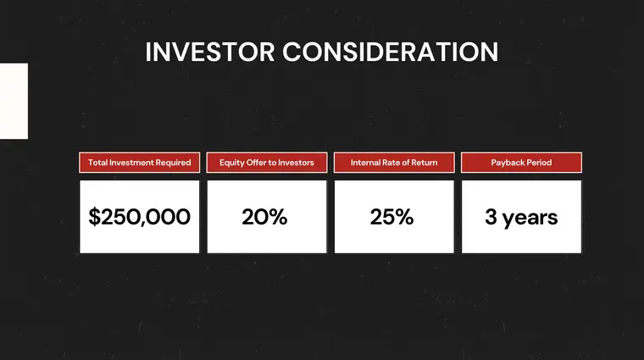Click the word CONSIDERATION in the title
[390, 52]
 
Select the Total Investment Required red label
[140, 163]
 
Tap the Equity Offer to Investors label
[267, 163]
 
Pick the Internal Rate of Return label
[394, 163]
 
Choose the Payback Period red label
[521, 163]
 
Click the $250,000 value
[140, 217]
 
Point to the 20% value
[265, 217]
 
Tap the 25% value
[392, 217]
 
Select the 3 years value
[521, 217]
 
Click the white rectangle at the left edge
[14, 101]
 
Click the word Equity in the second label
[232, 163]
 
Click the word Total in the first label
[97, 163]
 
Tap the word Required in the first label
[173, 163]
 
